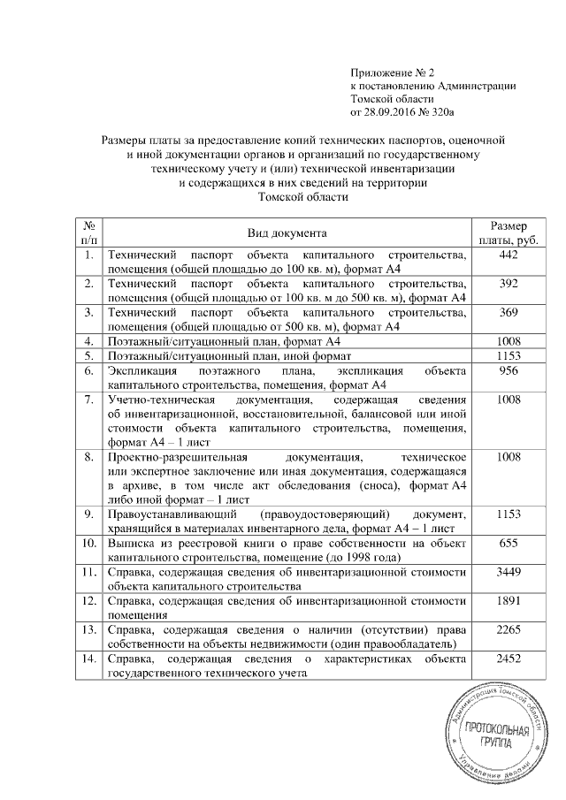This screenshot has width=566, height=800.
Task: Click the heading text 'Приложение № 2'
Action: pos(394,72)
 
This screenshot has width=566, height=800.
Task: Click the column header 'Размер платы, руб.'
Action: pos(509,232)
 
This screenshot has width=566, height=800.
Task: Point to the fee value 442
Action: pos(509,255)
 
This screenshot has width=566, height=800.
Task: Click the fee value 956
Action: pos(509,372)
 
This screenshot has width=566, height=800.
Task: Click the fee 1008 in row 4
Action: pos(509,340)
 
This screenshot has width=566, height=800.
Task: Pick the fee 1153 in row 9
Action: pos(509,514)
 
